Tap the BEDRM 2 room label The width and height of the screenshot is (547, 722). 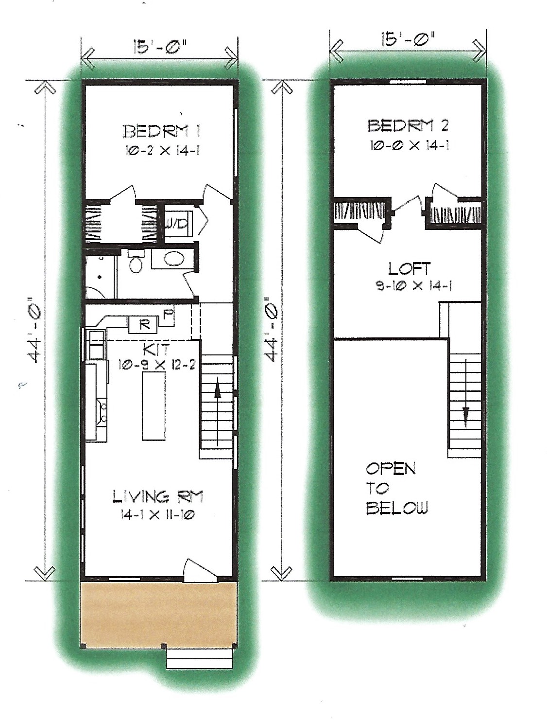tap(408, 126)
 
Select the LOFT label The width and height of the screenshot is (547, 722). tap(409, 268)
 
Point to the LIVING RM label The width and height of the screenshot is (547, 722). tap(158, 496)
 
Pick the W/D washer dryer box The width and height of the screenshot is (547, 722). tap(178, 224)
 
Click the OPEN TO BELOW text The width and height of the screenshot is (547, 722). tap(396, 488)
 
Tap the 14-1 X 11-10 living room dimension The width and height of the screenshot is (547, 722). tap(158, 515)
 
